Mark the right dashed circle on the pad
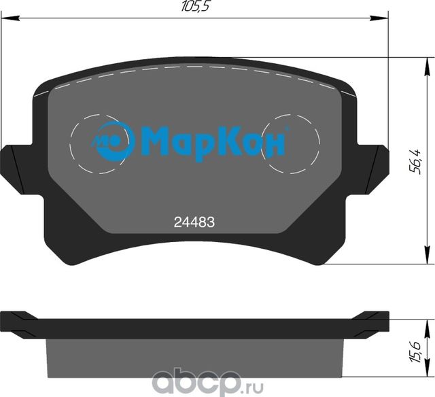[x=292, y=144]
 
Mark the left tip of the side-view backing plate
[x=7, y=318]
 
